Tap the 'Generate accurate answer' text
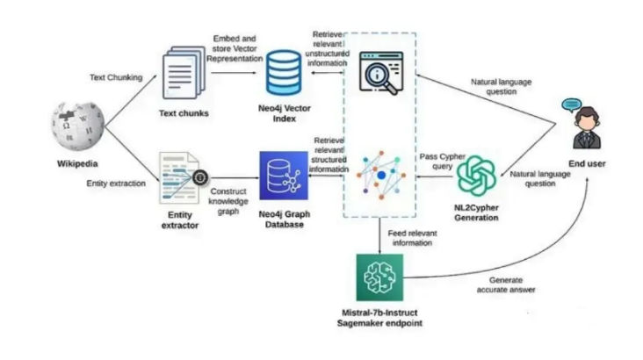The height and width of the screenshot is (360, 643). (505, 283)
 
